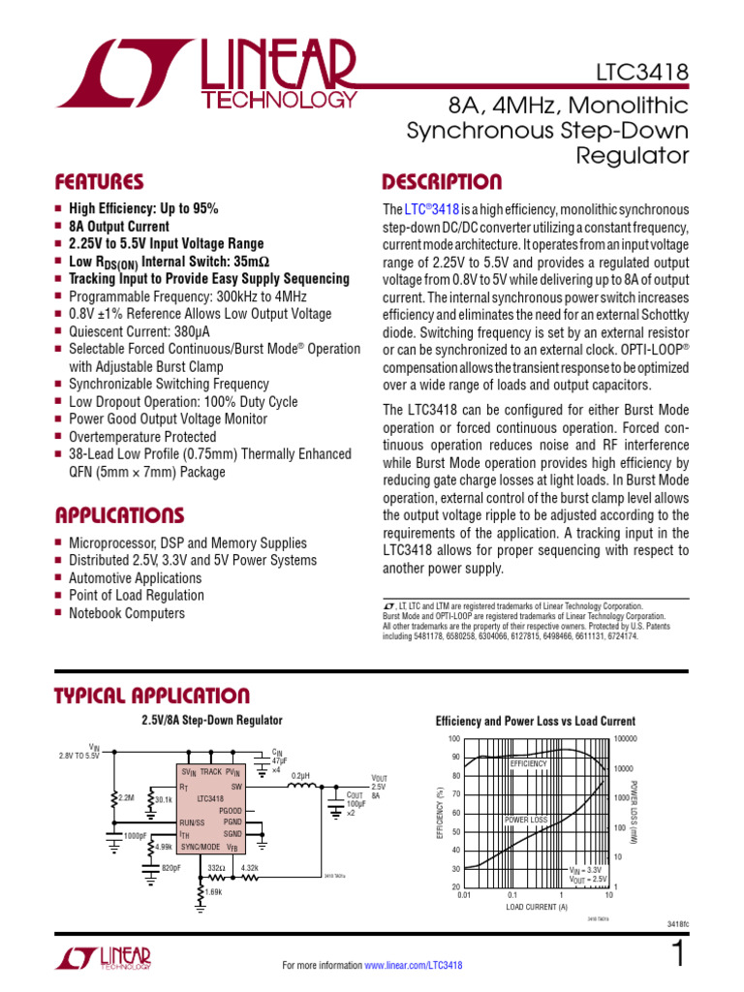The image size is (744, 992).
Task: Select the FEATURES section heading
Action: point(100,182)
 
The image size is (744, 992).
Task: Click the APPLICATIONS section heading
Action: point(119,514)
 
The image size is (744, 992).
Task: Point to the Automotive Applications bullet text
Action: point(135,578)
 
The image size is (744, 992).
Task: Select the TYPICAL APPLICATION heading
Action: point(152,696)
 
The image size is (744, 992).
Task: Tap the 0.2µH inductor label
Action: point(300,776)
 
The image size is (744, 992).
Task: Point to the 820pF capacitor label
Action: point(170,867)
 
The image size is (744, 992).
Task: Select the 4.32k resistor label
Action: point(250,867)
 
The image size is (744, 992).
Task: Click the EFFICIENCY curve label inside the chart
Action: point(528,763)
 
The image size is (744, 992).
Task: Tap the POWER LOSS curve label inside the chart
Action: point(526,820)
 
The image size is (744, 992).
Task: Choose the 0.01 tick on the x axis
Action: point(466,895)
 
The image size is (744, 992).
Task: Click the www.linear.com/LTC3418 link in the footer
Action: point(414,965)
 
